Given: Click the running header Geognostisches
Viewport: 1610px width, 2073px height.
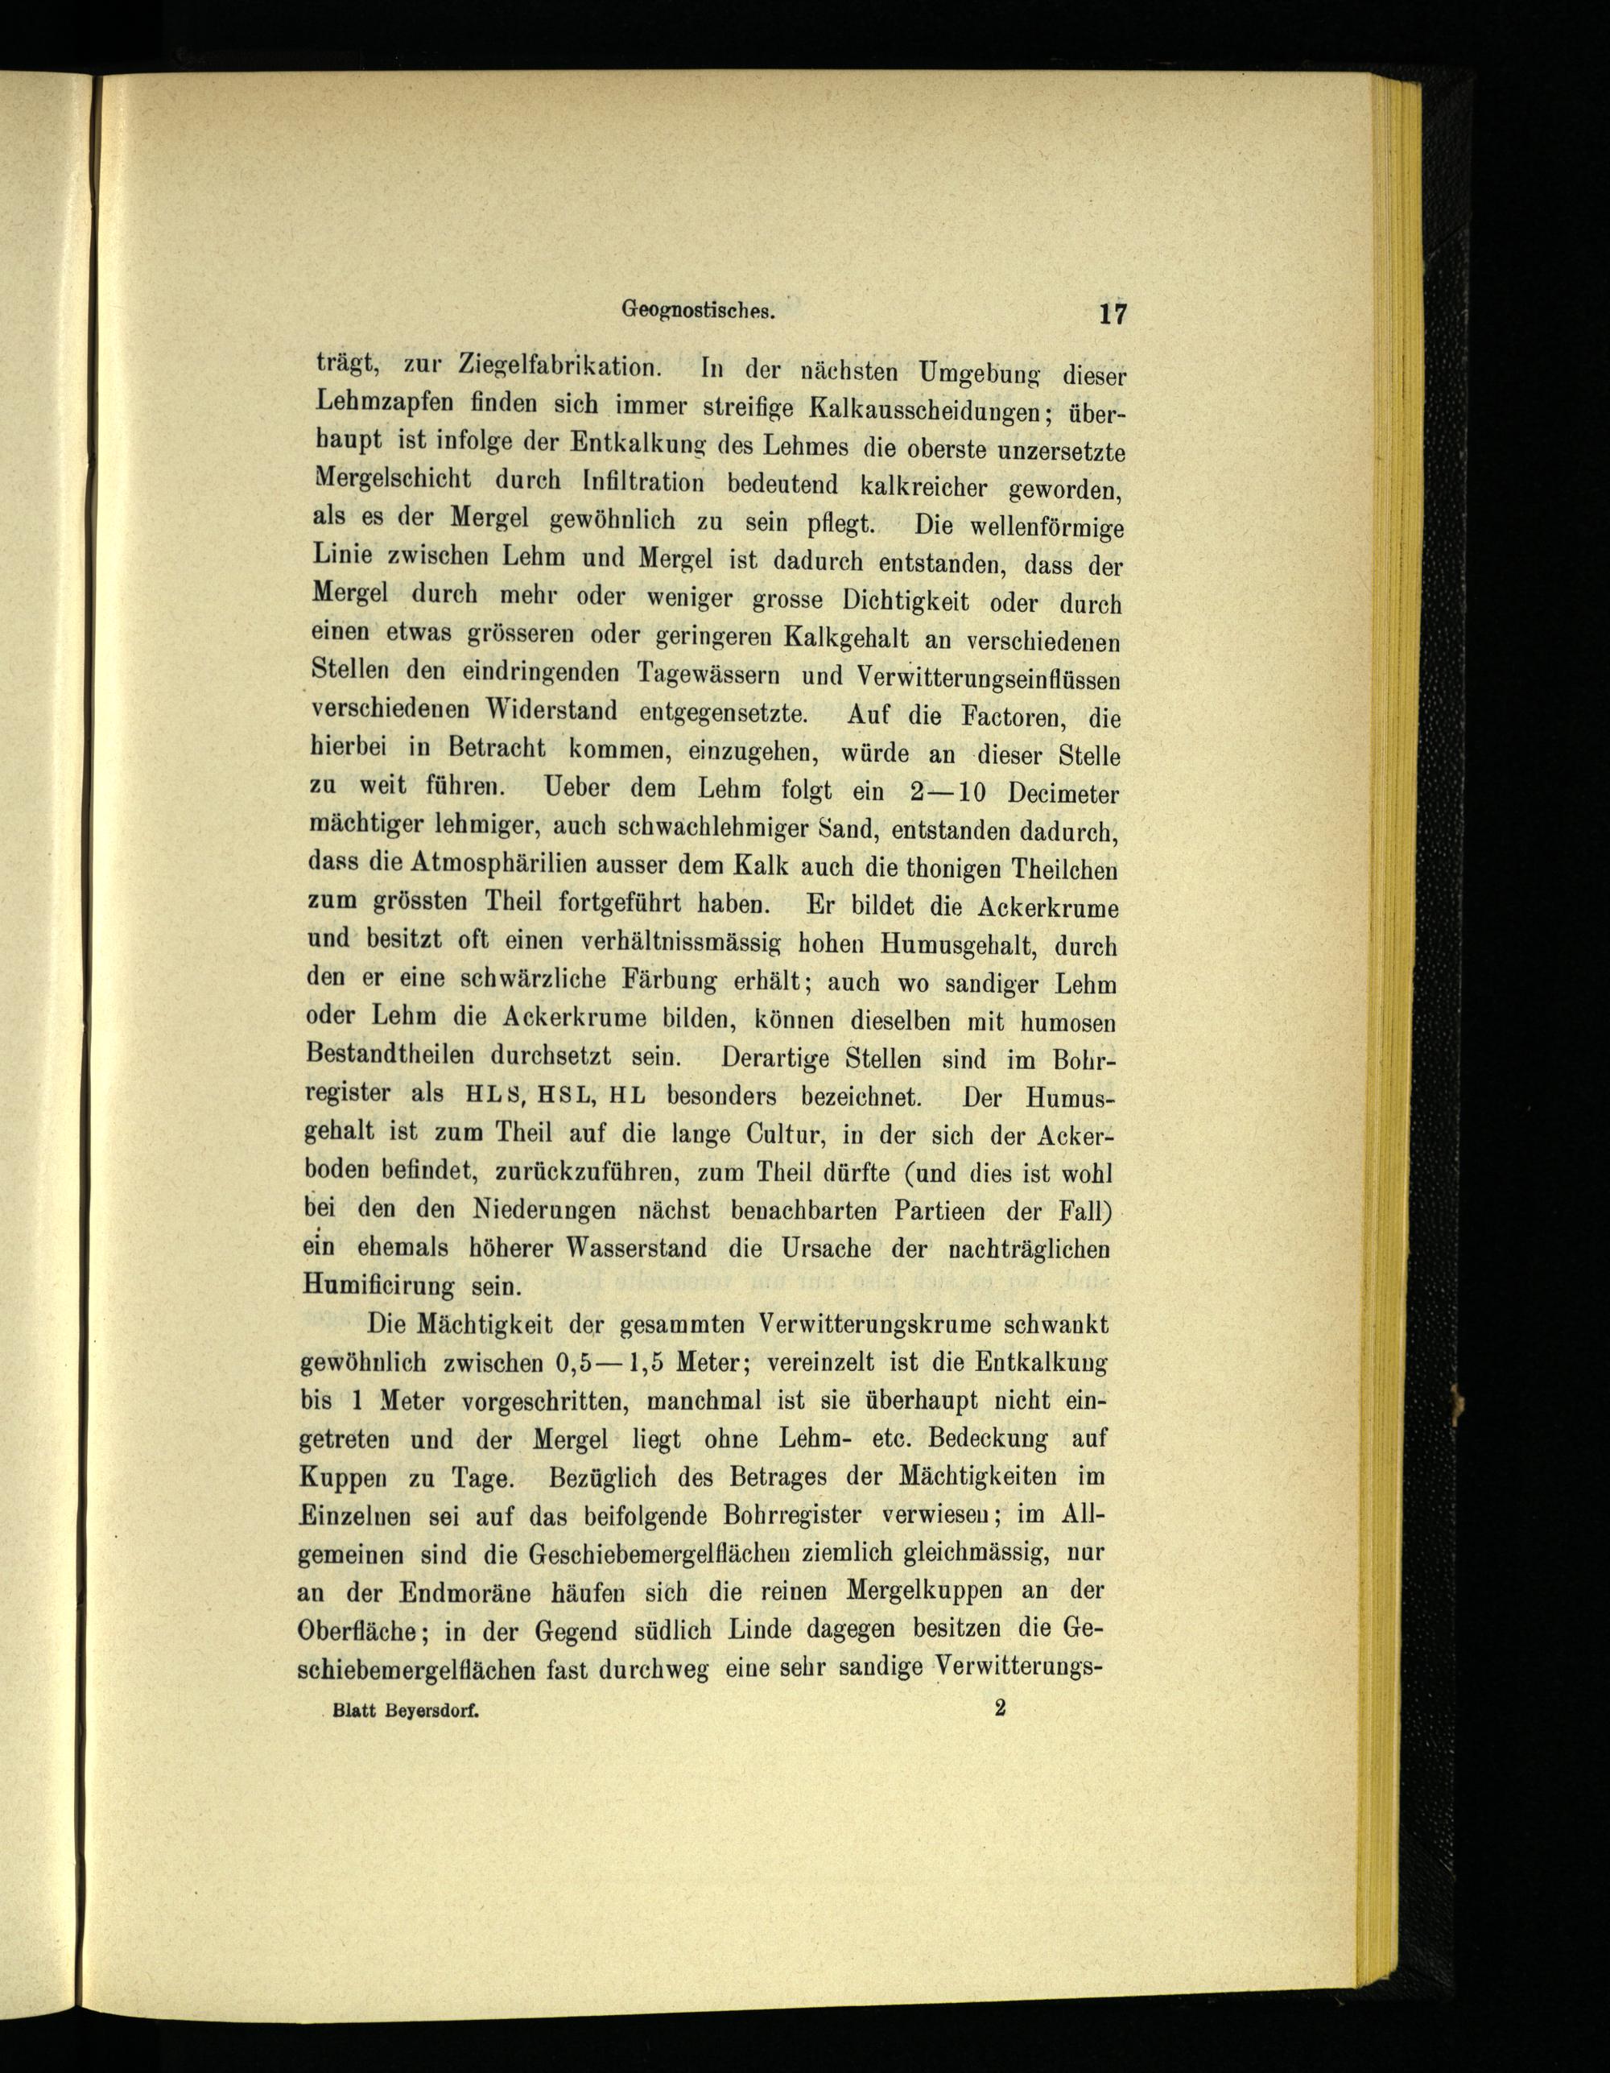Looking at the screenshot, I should [x=700, y=308].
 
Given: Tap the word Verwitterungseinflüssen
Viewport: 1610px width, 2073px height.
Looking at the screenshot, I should [x=989, y=678].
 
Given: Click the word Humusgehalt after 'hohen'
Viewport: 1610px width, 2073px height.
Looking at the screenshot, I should [x=959, y=944].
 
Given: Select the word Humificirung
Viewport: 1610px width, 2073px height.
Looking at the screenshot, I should [x=381, y=1287].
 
